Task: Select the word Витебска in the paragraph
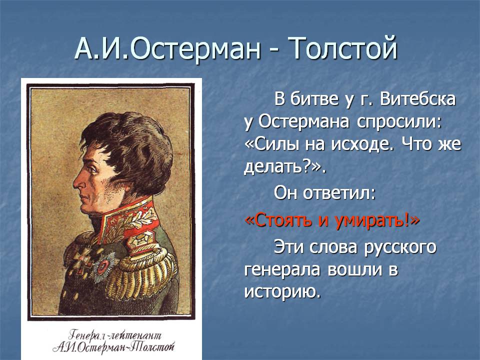coord(417,99)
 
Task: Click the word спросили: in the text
coord(399,122)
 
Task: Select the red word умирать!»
coord(377,220)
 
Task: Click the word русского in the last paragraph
coord(400,247)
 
